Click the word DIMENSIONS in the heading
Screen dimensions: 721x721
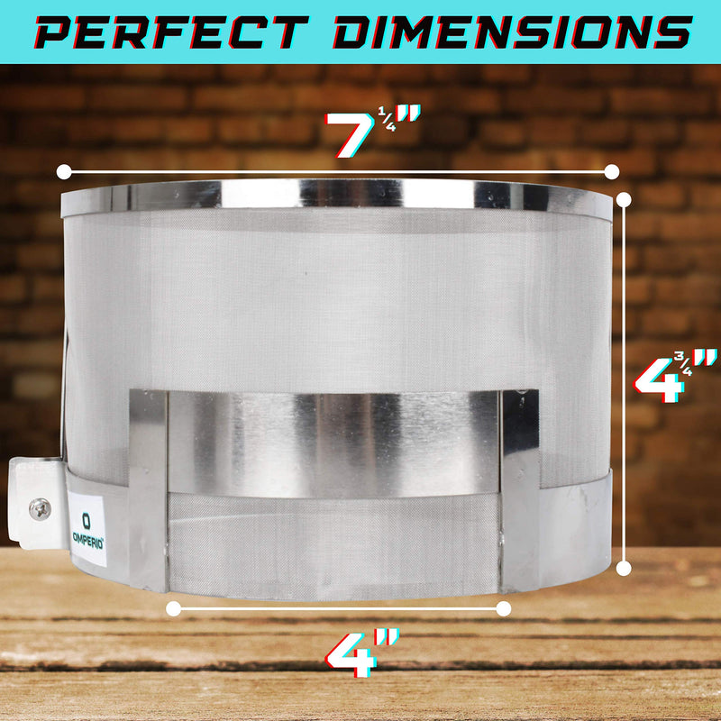[509, 32]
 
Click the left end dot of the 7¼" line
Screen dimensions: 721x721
[63, 170]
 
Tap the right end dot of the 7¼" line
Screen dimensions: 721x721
[612, 170]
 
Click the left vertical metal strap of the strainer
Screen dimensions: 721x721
[148, 487]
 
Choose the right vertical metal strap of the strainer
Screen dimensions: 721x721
[520, 487]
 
